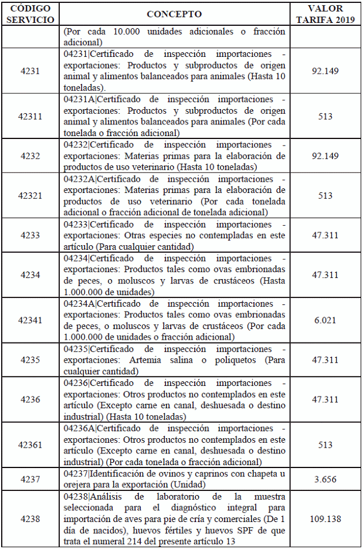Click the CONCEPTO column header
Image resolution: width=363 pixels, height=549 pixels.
tap(174, 14)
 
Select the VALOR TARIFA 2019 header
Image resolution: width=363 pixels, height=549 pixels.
tap(325, 14)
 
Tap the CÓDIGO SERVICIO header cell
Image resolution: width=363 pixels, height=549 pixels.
tap(30, 14)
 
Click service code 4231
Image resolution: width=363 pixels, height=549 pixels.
tap(30, 71)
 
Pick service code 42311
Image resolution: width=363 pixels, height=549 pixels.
tap(30, 116)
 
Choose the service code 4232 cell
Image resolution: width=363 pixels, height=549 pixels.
tap(30, 156)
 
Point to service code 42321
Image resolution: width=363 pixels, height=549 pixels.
tap(30, 196)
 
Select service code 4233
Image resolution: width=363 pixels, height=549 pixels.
tap(30, 235)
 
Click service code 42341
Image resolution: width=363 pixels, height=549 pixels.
tap(30, 320)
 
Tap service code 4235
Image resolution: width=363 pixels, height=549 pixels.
tap(30, 360)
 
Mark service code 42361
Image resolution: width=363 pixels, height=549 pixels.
tap(30, 445)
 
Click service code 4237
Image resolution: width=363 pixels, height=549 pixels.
tap(30, 479)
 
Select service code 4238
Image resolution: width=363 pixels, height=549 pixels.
tap(30, 519)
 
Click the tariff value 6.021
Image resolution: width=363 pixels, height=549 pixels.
tap(325, 320)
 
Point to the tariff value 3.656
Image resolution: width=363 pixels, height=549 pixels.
tap(325, 479)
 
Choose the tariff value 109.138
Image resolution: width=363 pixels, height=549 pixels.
tap(325, 519)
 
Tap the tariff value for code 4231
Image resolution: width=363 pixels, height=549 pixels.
tap(325, 71)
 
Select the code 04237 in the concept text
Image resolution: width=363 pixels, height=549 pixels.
tap(75, 473)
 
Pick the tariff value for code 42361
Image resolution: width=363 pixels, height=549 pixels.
tap(325, 445)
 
